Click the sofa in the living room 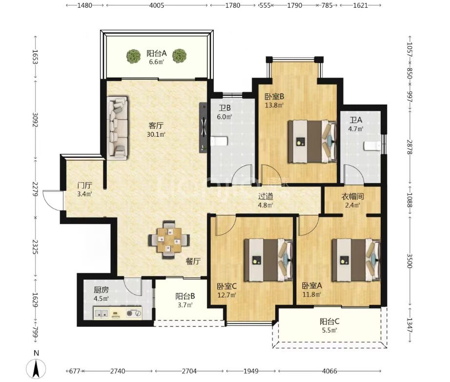[x=118, y=128]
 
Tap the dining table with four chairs [x=169, y=239]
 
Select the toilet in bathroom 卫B [x=219, y=141]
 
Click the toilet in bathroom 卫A [x=372, y=146]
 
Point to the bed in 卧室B [x=312, y=142]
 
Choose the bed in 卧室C [x=268, y=260]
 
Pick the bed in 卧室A [x=356, y=260]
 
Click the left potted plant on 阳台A [x=134, y=56]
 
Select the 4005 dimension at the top [x=157, y=5]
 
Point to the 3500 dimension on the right [x=409, y=261]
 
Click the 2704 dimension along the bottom [x=189, y=371]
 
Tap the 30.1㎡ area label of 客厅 [x=156, y=134]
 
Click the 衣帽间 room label [x=352, y=196]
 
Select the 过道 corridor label [x=266, y=196]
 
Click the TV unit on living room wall [x=204, y=127]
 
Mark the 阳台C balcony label [x=329, y=321]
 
